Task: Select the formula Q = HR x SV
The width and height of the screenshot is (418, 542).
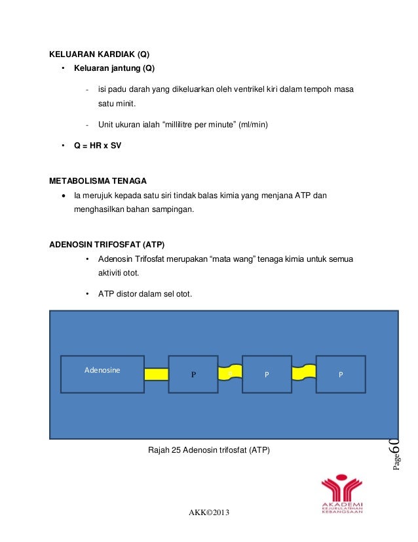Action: pyautogui.click(x=97, y=146)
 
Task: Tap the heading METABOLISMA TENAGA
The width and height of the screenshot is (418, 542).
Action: pyautogui.click(x=98, y=180)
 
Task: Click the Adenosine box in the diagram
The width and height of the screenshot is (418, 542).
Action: pyautogui.click(x=102, y=374)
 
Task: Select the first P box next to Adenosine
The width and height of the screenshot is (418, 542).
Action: pyautogui.click(x=193, y=374)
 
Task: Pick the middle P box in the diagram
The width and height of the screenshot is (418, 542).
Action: pyautogui.click(x=267, y=374)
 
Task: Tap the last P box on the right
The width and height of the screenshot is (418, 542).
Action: pyautogui.click(x=341, y=374)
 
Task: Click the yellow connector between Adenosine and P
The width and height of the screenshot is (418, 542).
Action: pyautogui.click(x=157, y=374)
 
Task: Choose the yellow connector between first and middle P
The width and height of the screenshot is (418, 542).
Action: pyautogui.click(x=230, y=373)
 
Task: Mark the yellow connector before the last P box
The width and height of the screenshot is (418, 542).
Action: pyautogui.click(x=304, y=373)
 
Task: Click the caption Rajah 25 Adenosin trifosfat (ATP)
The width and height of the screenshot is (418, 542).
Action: pyautogui.click(x=209, y=450)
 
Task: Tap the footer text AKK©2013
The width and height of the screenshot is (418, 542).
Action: pyautogui.click(x=209, y=512)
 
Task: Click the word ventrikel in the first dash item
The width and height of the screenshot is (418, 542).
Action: pyautogui.click(x=229, y=89)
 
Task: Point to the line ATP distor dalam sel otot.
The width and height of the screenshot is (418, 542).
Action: pyautogui.click(x=145, y=293)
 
